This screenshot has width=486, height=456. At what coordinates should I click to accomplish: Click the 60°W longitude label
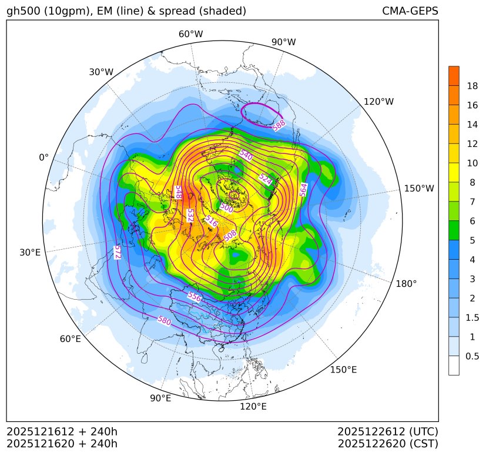pyautogui.click(x=190, y=34)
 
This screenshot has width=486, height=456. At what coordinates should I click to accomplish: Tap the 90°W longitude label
pyautogui.click(x=283, y=42)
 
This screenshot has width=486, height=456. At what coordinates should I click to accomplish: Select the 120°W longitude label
pyautogui.click(x=378, y=102)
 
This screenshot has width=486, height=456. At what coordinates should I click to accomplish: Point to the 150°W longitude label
pyautogui.click(x=419, y=189)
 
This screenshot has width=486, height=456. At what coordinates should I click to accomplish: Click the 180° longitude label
pyautogui.click(x=406, y=283)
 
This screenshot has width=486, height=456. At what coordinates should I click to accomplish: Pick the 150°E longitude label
pyautogui.click(x=343, y=369)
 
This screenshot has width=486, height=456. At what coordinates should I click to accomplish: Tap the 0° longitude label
pyautogui.click(x=43, y=157)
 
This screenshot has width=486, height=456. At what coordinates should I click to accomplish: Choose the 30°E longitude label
pyautogui.click(x=30, y=253)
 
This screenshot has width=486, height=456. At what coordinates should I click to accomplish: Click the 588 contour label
pyautogui.click(x=279, y=125)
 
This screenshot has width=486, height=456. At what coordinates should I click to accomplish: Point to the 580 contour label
pyautogui.click(x=165, y=320)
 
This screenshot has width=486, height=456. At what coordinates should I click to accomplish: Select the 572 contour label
pyautogui.click(x=117, y=252)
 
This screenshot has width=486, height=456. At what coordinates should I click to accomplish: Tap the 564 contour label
pyautogui.click(x=303, y=190)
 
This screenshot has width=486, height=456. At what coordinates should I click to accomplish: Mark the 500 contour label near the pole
pyautogui.click(x=226, y=207)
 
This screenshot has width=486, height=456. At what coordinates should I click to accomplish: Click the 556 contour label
pyautogui.click(x=194, y=297)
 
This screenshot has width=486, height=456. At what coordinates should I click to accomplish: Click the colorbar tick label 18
pyautogui.click(x=472, y=86)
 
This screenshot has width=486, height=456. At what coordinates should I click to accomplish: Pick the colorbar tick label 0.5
pyautogui.click(x=472, y=356)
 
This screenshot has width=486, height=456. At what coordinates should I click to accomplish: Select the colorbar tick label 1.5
pyautogui.click(x=472, y=317)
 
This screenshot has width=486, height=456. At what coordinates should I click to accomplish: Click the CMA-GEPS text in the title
pyautogui.click(x=410, y=11)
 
